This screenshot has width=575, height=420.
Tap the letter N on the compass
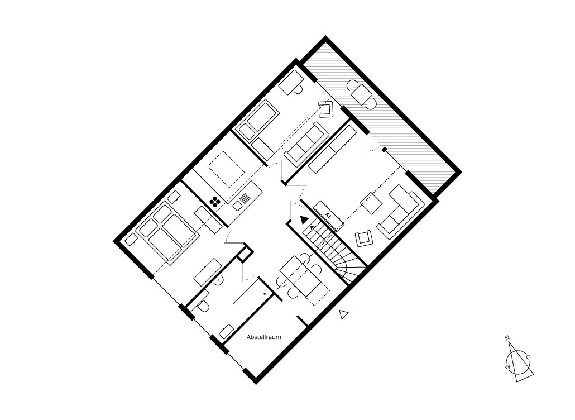507,338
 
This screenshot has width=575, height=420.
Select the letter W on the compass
507,367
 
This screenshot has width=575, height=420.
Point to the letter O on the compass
528,356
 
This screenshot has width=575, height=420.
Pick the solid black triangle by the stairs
304,219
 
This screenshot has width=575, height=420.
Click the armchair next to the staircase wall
365,238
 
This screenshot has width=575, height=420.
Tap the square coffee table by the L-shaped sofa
370,202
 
